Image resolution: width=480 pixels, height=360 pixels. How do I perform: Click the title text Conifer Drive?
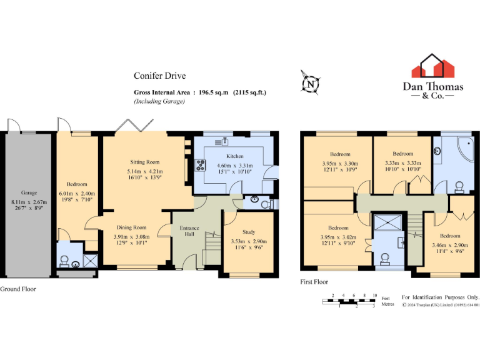pos(159,76)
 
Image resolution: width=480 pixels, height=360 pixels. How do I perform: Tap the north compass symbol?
pos(309,82)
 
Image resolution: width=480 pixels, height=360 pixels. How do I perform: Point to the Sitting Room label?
pos(144,162)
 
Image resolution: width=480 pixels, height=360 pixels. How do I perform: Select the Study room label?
pos(249,232)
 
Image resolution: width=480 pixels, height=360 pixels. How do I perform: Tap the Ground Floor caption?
pos(18,289)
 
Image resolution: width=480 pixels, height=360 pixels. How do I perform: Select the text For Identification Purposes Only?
pos(440,297)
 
